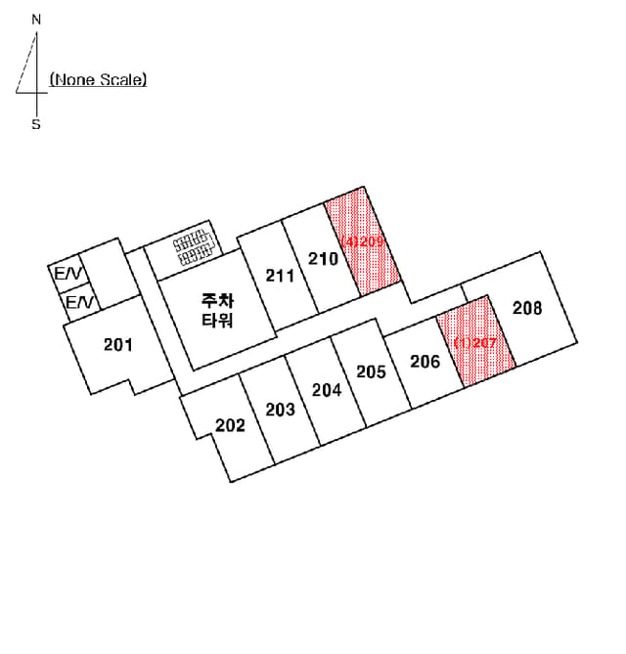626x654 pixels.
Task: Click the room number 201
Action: click(x=118, y=345)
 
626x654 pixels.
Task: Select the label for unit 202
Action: click(x=230, y=425)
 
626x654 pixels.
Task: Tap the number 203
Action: click(x=281, y=410)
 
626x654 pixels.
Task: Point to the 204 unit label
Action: click(x=327, y=390)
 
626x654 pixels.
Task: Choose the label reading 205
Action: click(x=371, y=371)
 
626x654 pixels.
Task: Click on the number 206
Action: click(x=425, y=362)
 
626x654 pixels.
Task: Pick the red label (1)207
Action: click(x=475, y=343)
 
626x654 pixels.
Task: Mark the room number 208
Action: click(x=527, y=308)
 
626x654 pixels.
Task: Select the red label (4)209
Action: click(x=363, y=241)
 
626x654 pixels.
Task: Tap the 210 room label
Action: click(x=323, y=259)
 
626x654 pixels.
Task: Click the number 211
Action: click(x=280, y=276)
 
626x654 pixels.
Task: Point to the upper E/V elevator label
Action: click(x=68, y=274)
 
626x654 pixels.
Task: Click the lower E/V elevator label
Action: click(x=79, y=302)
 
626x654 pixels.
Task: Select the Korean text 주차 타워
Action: click(x=217, y=310)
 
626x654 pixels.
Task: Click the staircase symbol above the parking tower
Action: click(x=194, y=247)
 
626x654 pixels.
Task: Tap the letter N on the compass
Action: click(x=37, y=20)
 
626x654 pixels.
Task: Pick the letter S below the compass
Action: click(x=36, y=124)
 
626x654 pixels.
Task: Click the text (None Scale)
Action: click(x=98, y=79)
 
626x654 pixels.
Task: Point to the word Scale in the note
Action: click(x=123, y=79)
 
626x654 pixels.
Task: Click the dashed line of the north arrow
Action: click(x=26, y=63)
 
